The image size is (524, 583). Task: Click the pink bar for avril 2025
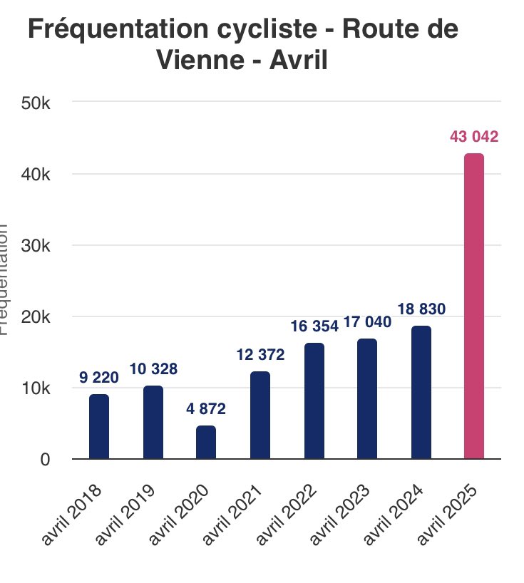473,306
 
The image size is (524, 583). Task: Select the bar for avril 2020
206,443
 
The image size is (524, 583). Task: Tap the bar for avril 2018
99,427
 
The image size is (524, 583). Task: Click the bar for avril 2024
421,393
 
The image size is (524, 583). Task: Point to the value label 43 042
473,138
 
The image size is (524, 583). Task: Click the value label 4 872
206,410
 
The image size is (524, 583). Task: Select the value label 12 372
260,355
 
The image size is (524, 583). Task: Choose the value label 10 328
153,370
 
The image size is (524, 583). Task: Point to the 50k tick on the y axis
34,103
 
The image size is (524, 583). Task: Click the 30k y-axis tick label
34,245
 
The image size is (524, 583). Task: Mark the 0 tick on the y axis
44,460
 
